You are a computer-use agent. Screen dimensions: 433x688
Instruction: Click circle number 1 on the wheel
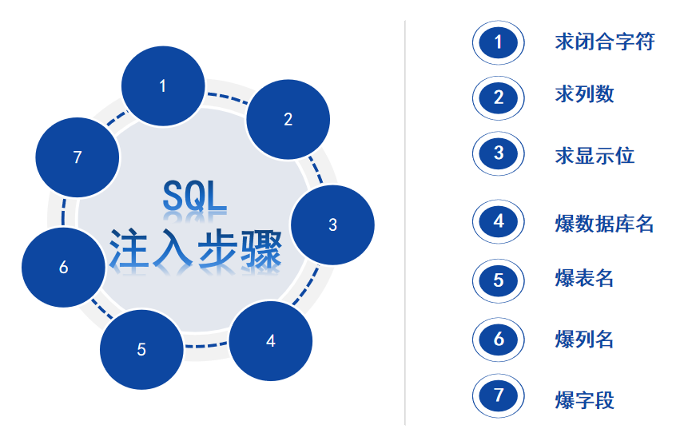(x=163, y=85)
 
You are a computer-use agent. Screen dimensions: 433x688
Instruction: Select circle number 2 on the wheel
(x=288, y=119)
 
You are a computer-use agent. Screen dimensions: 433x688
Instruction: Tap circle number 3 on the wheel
(x=332, y=225)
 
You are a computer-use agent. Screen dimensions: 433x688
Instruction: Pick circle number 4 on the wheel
(x=270, y=341)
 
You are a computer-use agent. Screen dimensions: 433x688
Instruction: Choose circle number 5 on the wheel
(x=141, y=349)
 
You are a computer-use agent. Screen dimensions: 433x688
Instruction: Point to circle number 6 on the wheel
(x=63, y=268)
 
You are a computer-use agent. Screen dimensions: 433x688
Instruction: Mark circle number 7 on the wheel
(x=78, y=157)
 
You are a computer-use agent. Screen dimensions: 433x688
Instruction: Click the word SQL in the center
(x=194, y=197)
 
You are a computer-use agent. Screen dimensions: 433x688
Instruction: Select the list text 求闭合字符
(x=604, y=42)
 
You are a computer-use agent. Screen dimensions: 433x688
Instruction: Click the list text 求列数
(x=584, y=93)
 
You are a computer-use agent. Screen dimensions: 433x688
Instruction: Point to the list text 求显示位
(x=595, y=154)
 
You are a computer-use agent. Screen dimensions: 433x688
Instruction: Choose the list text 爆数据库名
(x=604, y=222)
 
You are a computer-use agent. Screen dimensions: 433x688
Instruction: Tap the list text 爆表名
(x=584, y=279)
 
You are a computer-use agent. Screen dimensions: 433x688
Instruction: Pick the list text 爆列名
(x=584, y=339)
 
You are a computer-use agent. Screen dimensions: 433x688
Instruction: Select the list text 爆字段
(x=584, y=399)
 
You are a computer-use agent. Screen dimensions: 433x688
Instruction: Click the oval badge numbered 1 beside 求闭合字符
(x=499, y=42)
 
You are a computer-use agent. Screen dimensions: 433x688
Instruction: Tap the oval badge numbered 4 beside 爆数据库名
(x=499, y=220)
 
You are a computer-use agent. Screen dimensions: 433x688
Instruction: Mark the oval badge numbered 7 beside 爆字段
(x=499, y=395)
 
